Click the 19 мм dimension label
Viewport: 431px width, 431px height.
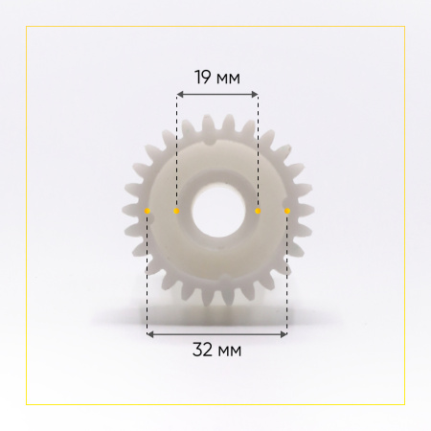[x=217, y=78]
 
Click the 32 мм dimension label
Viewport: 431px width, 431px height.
[x=217, y=350]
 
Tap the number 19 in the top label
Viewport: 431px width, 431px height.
[x=202, y=78]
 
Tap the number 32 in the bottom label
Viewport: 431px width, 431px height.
[x=203, y=350]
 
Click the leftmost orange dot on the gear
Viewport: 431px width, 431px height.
[x=147, y=211]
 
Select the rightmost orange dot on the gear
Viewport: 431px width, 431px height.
[x=287, y=211]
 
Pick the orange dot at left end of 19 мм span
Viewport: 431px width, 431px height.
[x=176, y=211]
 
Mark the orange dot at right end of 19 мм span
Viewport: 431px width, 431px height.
[x=258, y=211]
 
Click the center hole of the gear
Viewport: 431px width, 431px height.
[x=218, y=211]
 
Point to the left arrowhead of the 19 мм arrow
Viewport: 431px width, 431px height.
[x=179, y=94]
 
